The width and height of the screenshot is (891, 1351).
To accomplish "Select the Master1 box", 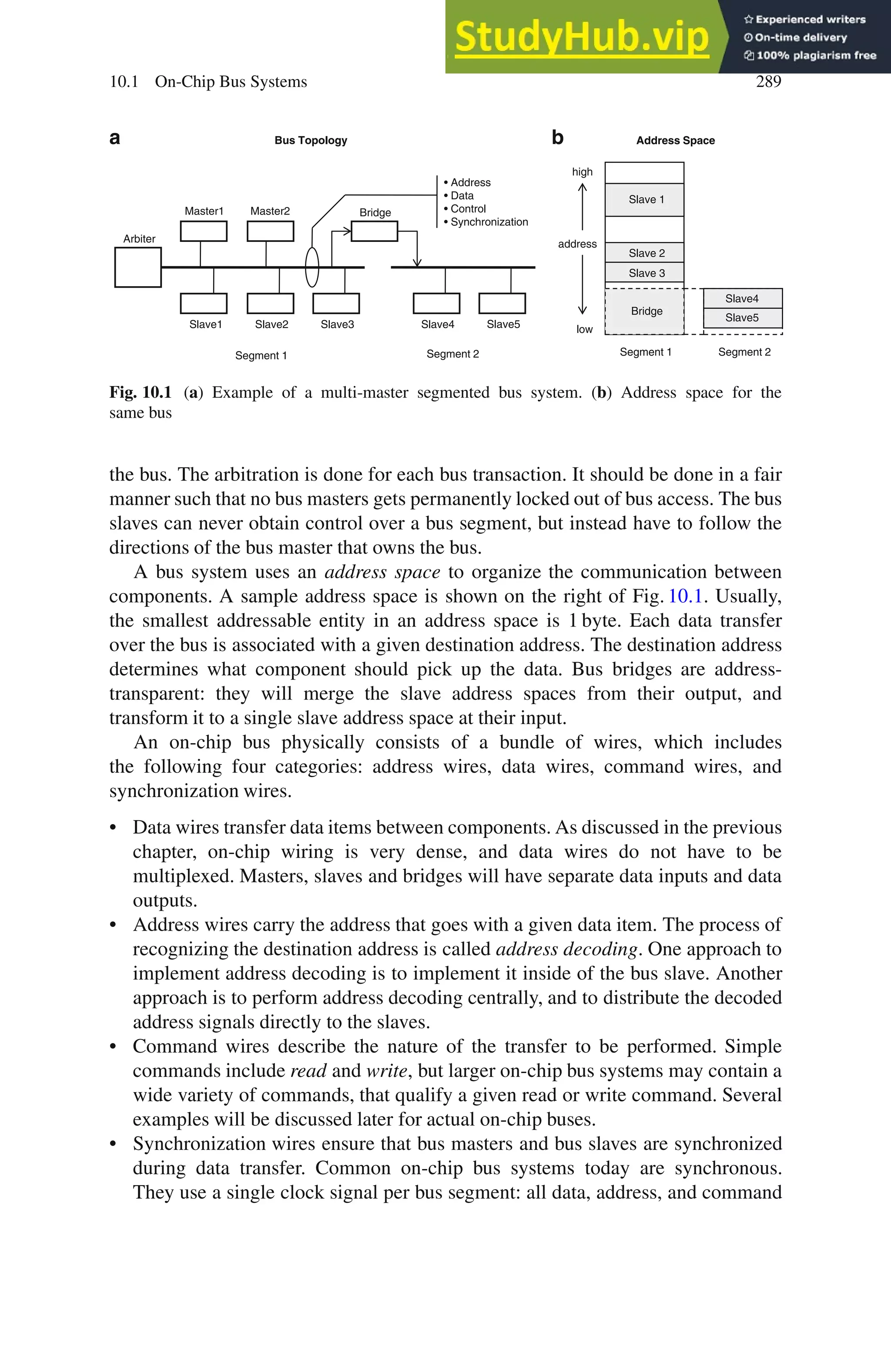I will [x=204, y=231].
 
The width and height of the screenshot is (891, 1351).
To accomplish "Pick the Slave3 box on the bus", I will [x=336, y=303].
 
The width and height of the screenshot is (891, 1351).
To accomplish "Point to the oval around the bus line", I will [x=312, y=267].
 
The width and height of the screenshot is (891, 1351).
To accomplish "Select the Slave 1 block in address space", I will [x=644, y=199].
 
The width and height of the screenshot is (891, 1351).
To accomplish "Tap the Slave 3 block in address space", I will [x=644, y=273].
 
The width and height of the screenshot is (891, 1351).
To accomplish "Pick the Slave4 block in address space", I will [x=742, y=298].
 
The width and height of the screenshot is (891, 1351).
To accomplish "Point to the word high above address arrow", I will [x=582, y=171].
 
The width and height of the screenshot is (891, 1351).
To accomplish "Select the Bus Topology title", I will [x=311, y=141].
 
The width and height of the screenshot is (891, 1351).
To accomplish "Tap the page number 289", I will [x=768, y=81].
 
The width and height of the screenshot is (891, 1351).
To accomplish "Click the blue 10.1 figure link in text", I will [x=685, y=596].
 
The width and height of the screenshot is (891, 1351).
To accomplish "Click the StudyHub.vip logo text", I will [x=582, y=37].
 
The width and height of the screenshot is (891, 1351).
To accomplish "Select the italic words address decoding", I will [x=566, y=949].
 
